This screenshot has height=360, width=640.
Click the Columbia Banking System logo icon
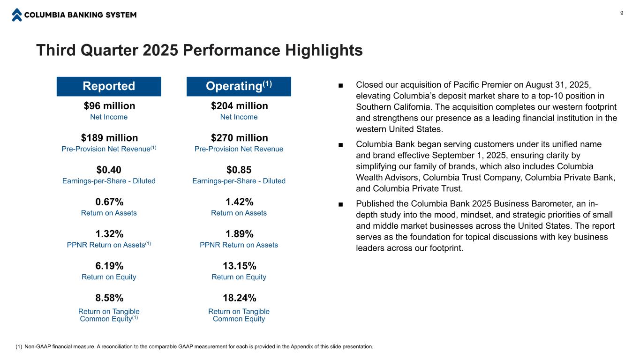pyautogui.click(x=17, y=15)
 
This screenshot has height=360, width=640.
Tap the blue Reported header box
pyautogui.click(x=109, y=86)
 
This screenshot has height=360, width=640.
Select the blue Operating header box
pyautogui.click(x=239, y=86)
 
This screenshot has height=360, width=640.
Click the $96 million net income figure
pyautogui.click(x=109, y=106)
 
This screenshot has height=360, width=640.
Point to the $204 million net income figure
pyautogui.click(x=239, y=106)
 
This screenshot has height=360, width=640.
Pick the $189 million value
pyautogui.click(x=109, y=138)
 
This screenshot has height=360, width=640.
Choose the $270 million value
pyautogui.click(x=239, y=138)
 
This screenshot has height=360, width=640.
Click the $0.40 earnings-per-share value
pyautogui.click(x=109, y=170)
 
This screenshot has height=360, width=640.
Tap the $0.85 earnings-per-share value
pyautogui.click(x=239, y=170)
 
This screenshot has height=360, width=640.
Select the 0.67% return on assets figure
pyautogui.click(x=109, y=202)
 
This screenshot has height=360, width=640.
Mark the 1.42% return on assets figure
pyautogui.click(x=239, y=202)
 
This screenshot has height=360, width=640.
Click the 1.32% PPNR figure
pyautogui.click(x=109, y=234)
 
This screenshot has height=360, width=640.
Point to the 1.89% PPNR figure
pyautogui.click(x=239, y=234)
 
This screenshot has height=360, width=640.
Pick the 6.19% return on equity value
pyautogui.click(x=109, y=266)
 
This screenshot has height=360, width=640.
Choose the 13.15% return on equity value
pyautogui.click(x=239, y=266)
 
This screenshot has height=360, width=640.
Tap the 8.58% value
pyautogui.click(x=109, y=298)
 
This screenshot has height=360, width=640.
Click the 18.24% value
pyautogui.click(x=239, y=298)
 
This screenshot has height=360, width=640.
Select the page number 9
pyautogui.click(x=622, y=13)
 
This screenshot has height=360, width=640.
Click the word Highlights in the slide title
pyautogui.click(x=324, y=51)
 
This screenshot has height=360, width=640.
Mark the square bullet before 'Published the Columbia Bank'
pyautogui.click(x=340, y=204)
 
